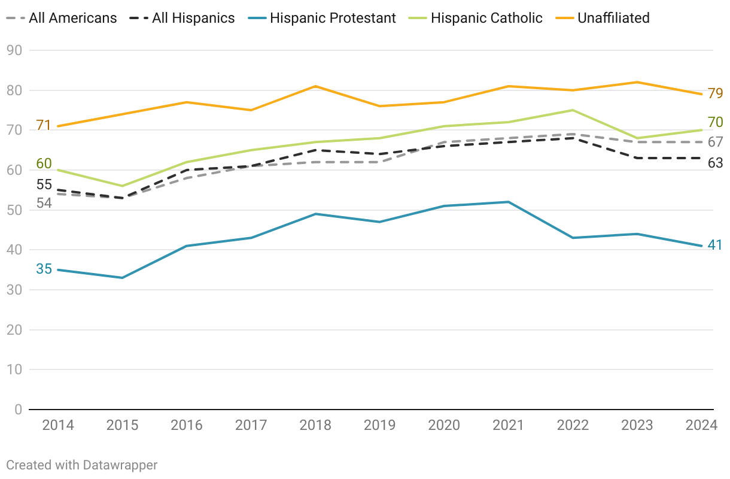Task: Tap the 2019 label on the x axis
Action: tap(380, 425)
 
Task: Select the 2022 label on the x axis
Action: tap(573, 425)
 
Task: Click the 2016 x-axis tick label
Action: tap(187, 425)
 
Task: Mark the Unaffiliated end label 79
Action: tap(715, 93)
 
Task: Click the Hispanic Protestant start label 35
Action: tap(44, 269)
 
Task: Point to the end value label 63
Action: tap(715, 162)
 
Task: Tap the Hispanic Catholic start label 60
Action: tap(44, 163)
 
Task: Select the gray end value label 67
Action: tap(715, 143)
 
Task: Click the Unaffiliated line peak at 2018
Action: tap(315, 86)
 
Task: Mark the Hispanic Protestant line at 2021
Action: tap(509, 202)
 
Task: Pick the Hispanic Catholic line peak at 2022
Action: tap(573, 110)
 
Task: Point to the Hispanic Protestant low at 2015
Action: tap(122, 278)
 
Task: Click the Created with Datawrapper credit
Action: tap(82, 465)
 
